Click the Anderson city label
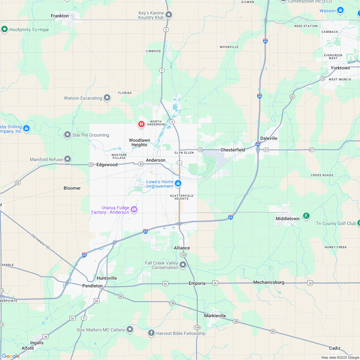(x=156, y=160)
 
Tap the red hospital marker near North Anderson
(x=141, y=124)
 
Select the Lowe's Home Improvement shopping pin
(x=178, y=183)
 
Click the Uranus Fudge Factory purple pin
(x=134, y=210)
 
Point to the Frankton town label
(x=60, y=16)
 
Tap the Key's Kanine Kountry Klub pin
(x=169, y=14)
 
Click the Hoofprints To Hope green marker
(x=4, y=29)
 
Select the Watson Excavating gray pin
(x=107, y=98)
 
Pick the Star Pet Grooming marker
(x=67, y=135)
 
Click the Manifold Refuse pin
(x=67, y=159)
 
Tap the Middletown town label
(x=288, y=219)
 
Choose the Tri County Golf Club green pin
(x=306, y=215)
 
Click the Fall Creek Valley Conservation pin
(x=183, y=265)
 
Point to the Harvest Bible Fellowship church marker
(x=151, y=333)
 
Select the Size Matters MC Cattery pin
(x=130, y=329)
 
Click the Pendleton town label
(x=93, y=286)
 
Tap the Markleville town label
(x=215, y=316)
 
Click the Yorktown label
(x=340, y=68)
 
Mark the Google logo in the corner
(x=11, y=356)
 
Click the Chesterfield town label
(x=233, y=150)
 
